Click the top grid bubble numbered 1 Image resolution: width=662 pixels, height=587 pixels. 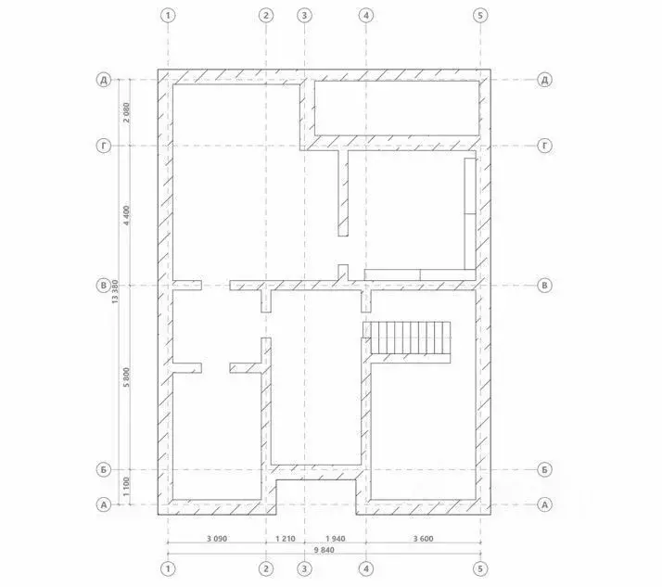168,16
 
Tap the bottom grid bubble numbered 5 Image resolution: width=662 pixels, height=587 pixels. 480,568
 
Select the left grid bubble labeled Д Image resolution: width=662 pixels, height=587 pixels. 104,80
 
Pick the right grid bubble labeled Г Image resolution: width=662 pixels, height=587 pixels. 544,146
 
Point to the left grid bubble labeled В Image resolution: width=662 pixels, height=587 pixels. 104,285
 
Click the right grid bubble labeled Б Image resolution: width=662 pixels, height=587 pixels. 544,469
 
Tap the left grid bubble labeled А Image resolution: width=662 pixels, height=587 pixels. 104,504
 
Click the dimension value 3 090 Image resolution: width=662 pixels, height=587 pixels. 217,539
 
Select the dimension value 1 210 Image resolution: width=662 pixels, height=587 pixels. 286,539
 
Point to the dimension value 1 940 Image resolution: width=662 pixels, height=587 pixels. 336,539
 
